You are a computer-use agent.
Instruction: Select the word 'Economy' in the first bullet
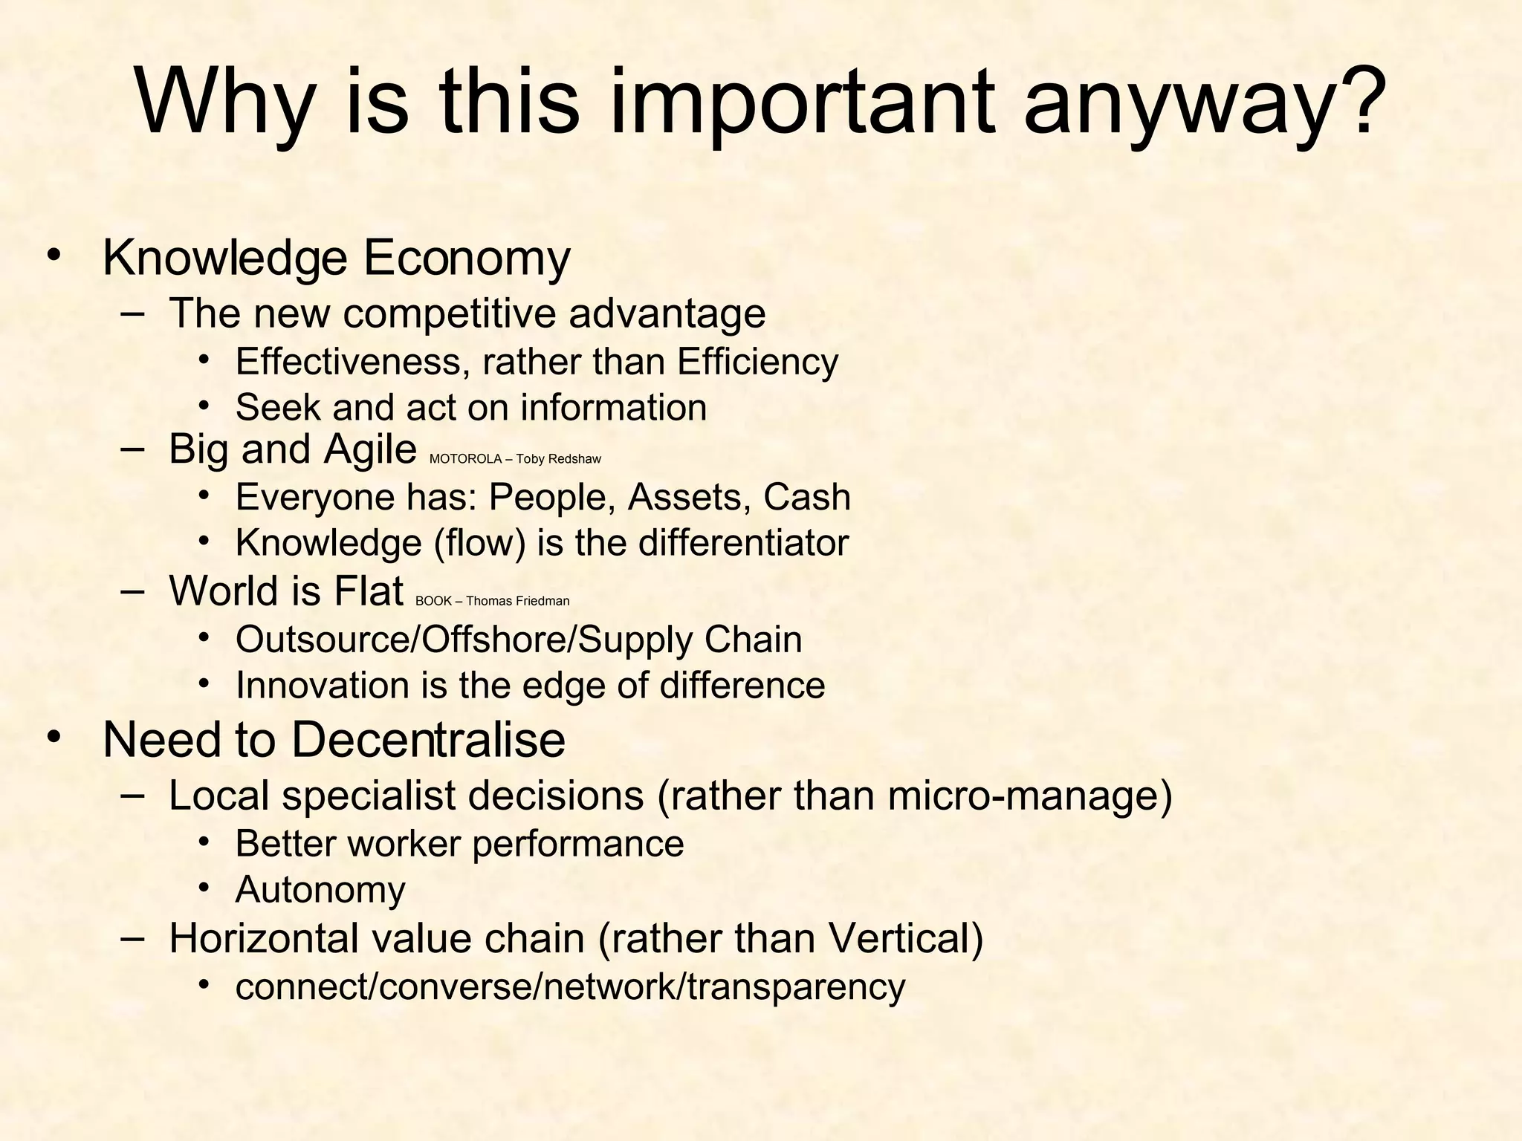[x=466, y=259]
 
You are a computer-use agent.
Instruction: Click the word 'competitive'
[x=449, y=313]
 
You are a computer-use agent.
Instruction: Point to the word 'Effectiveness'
[x=352, y=363]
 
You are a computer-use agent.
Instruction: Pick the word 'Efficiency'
[x=757, y=363]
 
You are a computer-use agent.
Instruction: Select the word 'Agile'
[x=369, y=449]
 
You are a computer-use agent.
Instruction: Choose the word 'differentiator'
[x=743, y=543]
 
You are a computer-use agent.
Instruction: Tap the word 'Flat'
[x=368, y=591]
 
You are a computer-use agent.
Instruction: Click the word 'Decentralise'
[x=427, y=740]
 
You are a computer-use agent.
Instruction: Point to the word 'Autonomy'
[x=320, y=890]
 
